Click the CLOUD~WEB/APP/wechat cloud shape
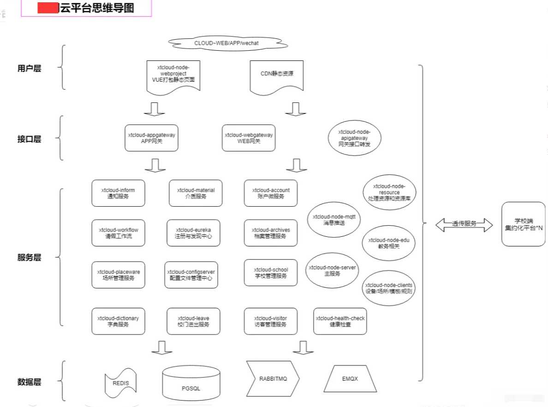point(228,43)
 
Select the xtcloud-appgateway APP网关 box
point(151,138)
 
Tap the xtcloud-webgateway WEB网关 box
point(249,138)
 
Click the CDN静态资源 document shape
point(277,75)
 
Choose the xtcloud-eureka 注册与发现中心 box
point(193,233)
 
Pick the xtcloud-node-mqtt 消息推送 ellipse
point(331,220)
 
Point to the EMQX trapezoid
point(350,379)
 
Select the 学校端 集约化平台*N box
point(523,224)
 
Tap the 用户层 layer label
point(29,68)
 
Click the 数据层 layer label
point(29,382)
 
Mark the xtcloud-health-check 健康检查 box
point(340,321)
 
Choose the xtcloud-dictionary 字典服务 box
point(118,321)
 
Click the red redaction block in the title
point(48,8)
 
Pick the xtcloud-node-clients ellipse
point(388,288)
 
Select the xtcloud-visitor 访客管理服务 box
point(270,321)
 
